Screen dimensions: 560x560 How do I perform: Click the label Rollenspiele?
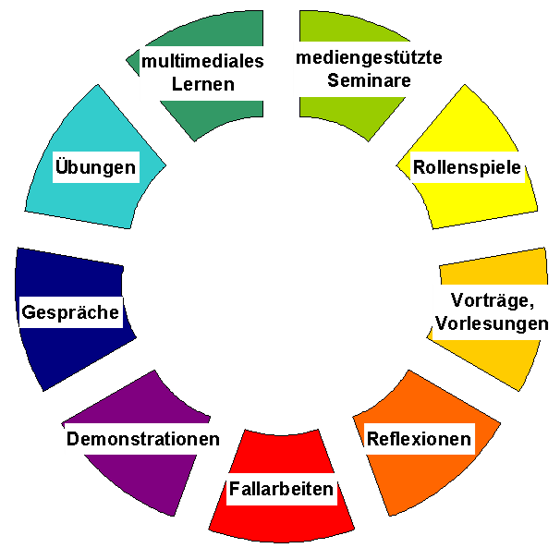468,168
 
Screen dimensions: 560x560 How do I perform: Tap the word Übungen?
95,167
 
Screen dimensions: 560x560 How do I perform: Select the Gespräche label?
71,312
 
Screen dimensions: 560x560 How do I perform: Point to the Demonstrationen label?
143,438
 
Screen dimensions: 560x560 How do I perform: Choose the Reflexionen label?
419,438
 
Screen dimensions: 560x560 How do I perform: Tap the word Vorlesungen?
493,323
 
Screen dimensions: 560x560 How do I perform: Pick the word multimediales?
202,62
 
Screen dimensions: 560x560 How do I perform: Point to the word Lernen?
202,84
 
